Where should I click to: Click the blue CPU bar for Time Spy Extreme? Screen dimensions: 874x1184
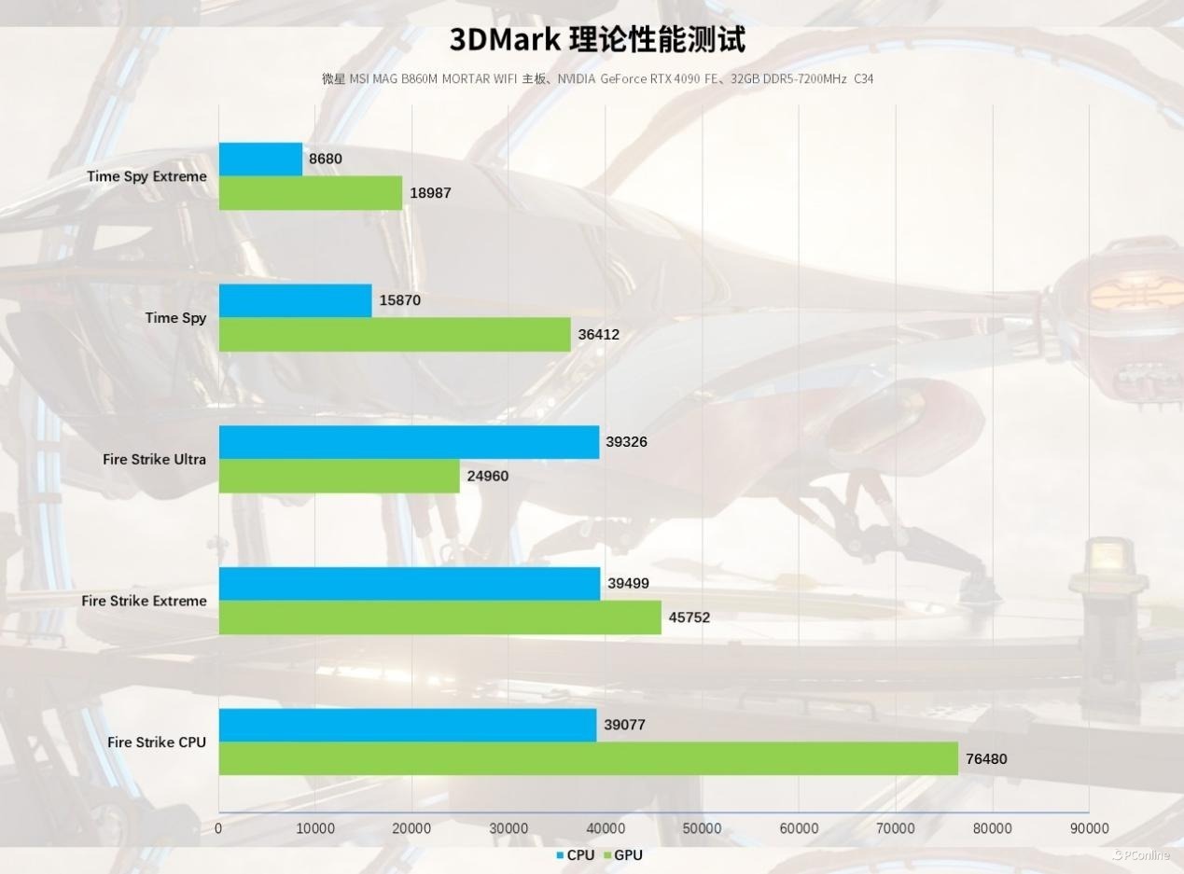261,160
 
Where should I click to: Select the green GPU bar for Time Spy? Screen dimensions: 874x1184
395,335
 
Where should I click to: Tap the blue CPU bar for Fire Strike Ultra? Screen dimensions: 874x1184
409,442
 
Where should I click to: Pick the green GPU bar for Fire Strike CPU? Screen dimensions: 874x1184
588,758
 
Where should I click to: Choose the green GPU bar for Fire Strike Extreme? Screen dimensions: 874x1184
439,617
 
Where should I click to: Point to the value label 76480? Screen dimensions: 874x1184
986,759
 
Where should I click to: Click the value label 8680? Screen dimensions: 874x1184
326,160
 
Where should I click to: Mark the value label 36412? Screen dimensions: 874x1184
598,335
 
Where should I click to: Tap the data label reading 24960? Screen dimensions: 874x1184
488,477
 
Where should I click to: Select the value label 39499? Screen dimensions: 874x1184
628,584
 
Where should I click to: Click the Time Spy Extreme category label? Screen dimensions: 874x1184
146,176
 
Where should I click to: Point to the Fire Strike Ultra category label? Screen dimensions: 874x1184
155,460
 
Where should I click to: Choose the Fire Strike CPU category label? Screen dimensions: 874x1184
157,742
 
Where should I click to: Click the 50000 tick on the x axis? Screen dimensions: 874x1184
702,828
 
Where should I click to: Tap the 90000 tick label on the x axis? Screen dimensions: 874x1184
1089,828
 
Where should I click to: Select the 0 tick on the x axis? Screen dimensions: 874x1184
218,828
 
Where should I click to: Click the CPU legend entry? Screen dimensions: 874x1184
575,855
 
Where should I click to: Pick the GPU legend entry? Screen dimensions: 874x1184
622,855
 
